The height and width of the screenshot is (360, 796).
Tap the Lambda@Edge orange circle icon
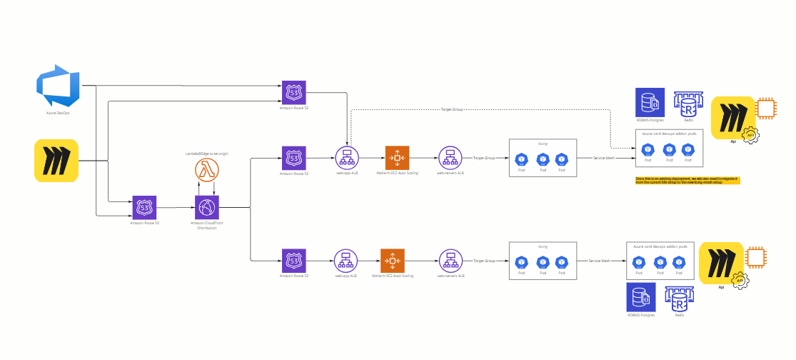click(x=206, y=171)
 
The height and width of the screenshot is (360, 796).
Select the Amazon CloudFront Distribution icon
click(x=206, y=208)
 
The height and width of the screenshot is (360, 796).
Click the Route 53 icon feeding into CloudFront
click(x=144, y=208)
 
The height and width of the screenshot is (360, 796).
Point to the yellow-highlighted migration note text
click(x=687, y=180)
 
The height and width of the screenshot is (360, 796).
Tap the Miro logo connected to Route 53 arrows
click(x=56, y=160)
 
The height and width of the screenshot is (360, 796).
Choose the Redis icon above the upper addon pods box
click(x=689, y=105)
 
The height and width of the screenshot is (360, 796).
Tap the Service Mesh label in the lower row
click(x=599, y=261)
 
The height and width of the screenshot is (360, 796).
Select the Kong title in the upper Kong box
click(x=542, y=144)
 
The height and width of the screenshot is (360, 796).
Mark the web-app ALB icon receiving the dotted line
click(x=348, y=158)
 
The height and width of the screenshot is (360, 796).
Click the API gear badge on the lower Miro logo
click(x=741, y=281)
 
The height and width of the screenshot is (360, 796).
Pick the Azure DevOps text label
click(x=58, y=113)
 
